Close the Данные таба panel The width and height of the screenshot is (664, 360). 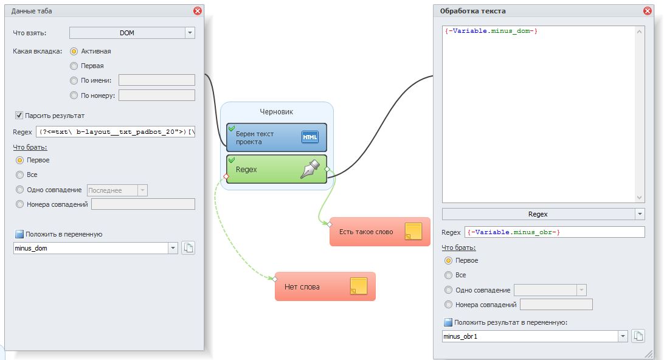(198, 11)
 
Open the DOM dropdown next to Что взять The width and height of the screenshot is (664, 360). (190, 33)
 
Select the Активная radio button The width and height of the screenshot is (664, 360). (74, 52)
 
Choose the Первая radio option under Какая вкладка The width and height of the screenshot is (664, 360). (74, 66)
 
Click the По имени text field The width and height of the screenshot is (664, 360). (156, 80)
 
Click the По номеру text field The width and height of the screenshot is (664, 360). (156, 95)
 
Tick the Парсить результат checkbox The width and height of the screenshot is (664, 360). (19, 116)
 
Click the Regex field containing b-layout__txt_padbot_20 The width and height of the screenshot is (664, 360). (116, 132)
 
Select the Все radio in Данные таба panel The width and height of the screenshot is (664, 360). (20, 175)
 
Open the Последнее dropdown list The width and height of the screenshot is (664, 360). (142, 190)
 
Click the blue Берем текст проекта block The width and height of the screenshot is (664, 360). (276, 137)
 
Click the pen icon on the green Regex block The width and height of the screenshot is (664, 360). (310, 168)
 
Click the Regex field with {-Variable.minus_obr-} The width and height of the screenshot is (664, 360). (554, 232)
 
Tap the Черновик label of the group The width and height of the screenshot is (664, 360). (277, 112)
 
